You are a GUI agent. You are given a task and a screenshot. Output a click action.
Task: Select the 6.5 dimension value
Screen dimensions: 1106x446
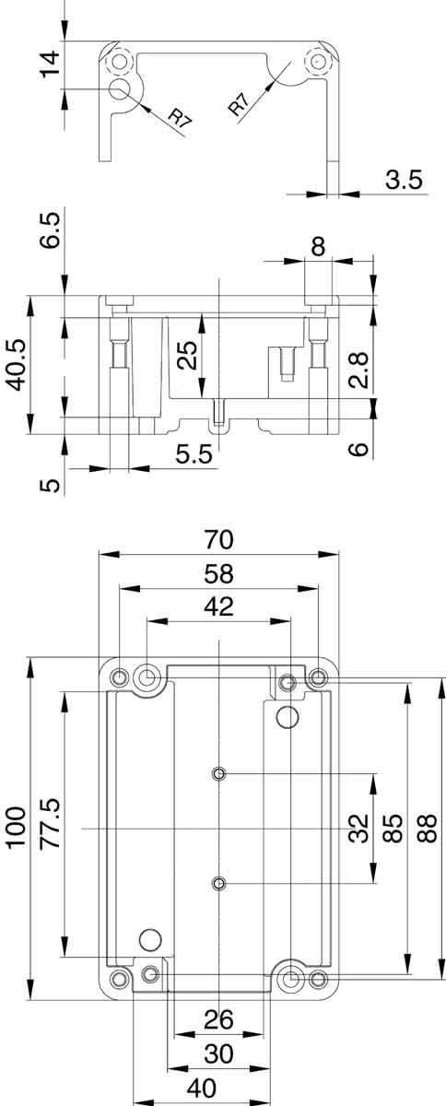(x=51, y=232)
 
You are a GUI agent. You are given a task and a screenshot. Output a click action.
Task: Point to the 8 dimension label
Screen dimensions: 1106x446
(x=319, y=246)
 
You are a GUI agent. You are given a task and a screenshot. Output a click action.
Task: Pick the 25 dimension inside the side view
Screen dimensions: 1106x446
(x=187, y=355)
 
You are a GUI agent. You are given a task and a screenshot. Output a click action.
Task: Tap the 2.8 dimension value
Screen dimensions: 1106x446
(x=360, y=368)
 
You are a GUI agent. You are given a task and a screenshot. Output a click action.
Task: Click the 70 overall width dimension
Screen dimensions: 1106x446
(x=219, y=539)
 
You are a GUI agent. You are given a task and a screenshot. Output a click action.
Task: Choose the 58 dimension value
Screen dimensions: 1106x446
(x=219, y=573)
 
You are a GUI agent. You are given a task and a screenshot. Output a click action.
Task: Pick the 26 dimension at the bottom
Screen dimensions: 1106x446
(x=218, y=1019)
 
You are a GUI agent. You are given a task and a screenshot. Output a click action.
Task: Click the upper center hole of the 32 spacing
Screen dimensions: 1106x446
(x=218, y=772)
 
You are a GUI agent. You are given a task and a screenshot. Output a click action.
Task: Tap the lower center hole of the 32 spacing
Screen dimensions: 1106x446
(x=218, y=885)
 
